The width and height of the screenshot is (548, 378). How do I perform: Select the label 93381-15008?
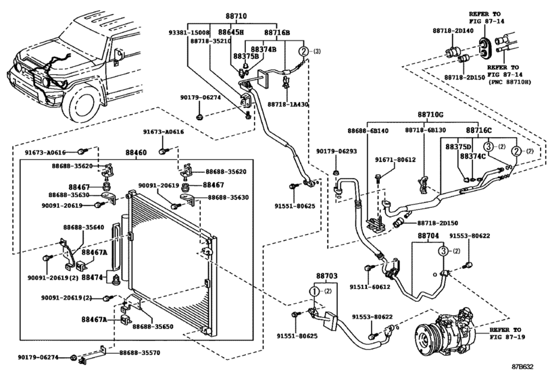coord(190,32)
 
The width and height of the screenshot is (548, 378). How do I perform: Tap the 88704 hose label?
coord(428,238)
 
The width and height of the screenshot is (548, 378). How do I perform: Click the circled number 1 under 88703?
coord(314,292)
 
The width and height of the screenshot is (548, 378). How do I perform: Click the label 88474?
coord(92,277)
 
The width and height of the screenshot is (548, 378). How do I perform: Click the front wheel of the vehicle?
coord(86,102)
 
